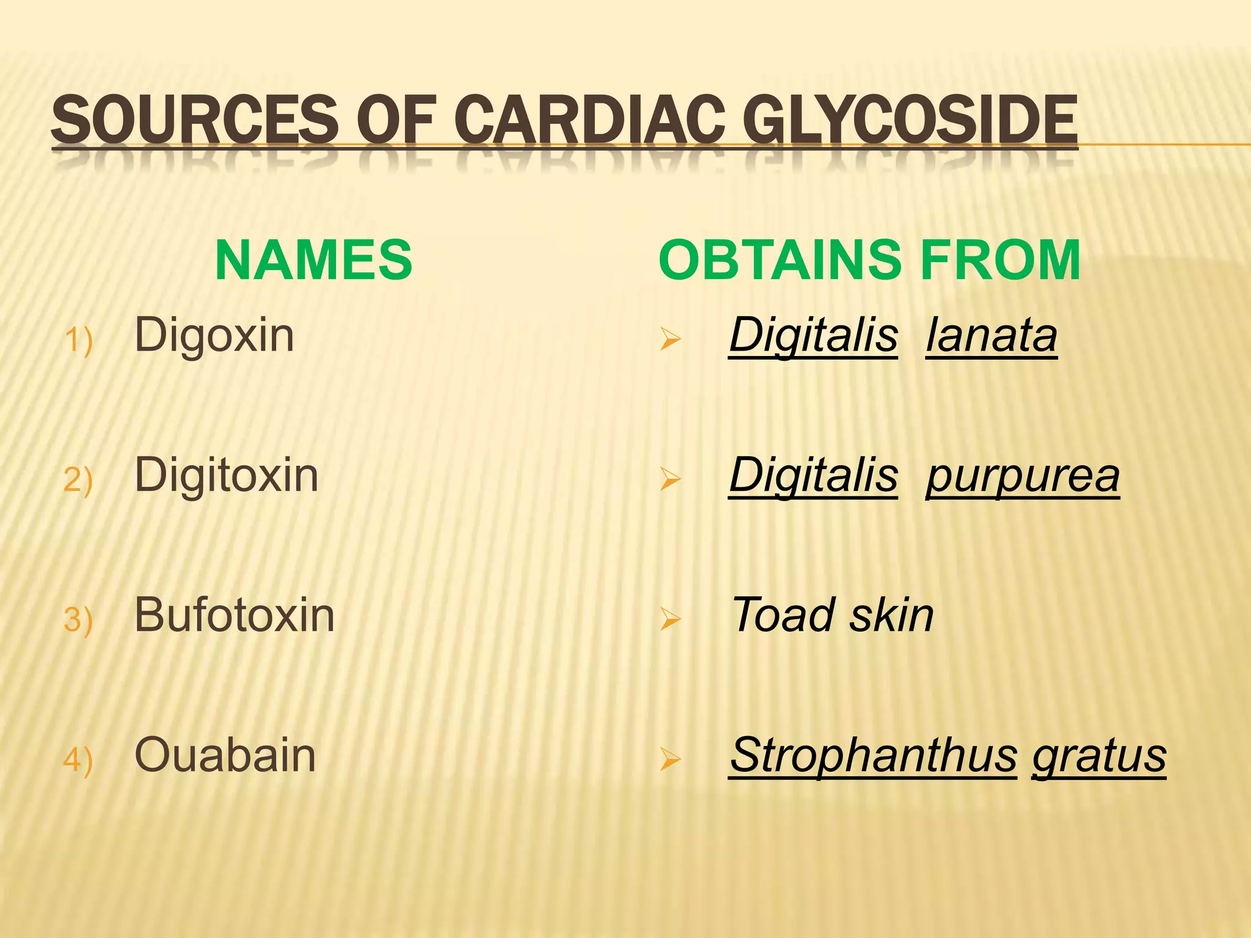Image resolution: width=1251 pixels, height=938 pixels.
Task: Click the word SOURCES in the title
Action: click(x=194, y=118)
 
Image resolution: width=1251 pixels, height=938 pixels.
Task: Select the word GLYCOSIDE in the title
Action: click(x=913, y=118)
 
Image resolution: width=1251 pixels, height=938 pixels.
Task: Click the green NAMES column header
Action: click(x=313, y=260)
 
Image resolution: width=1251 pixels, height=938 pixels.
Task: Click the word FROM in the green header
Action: click(x=1000, y=260)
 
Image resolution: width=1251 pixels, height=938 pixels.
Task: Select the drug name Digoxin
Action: click(x=214, y=336)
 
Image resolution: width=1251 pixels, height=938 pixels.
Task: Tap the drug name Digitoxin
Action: click(x=226, y=475)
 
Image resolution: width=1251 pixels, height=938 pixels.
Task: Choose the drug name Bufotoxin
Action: click(x=234, y=615)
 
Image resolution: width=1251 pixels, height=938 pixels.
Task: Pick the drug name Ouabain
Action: click(x=225, y=755)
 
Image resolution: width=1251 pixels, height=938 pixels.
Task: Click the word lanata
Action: click(x=991, y=336)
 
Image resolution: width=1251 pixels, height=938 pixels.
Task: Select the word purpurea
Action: click(x=1023, y=476)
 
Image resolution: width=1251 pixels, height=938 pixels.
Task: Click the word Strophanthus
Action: click(x=874, y=755)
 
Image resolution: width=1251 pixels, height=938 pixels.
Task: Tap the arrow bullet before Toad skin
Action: click(x=670, y=620)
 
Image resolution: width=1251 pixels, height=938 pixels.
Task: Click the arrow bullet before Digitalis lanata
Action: click(x=670, y=340)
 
